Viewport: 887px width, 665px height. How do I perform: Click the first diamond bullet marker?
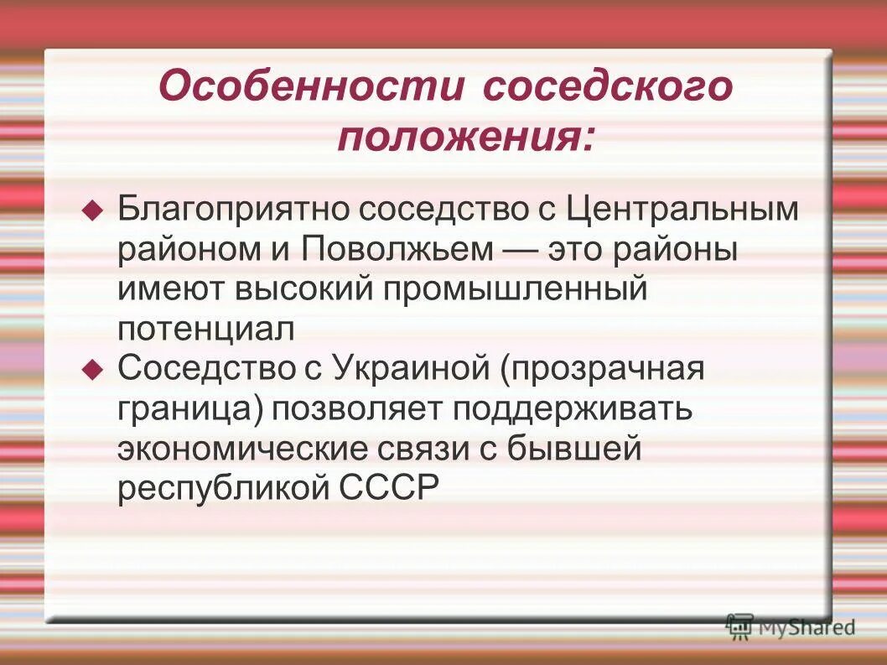[93, 210]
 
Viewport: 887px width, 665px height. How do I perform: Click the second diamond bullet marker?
[93, 369]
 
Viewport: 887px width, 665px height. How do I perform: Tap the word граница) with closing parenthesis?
[189, 409]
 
